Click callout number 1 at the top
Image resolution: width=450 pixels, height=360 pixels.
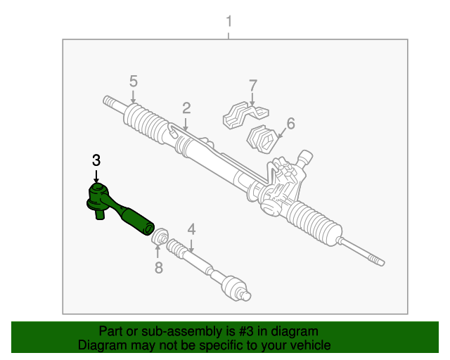click(x=229, y=22)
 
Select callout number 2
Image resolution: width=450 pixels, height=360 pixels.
click(x=186, y=108)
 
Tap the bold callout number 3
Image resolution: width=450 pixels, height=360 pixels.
click(x=96, y=160)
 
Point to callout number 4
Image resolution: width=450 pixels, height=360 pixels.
click(x=191, y=229)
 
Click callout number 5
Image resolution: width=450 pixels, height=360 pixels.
click(x=133, y=81)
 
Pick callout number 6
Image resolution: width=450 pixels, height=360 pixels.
click(x=290, y=123)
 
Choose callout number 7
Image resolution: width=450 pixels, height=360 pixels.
click(x=252, y=86)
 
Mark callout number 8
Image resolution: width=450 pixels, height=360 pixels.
click(x=158, y=267)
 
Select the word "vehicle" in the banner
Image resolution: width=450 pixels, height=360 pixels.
click(x=310, y=345)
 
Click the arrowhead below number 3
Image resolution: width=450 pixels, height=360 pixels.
click(x=96, y=181)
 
